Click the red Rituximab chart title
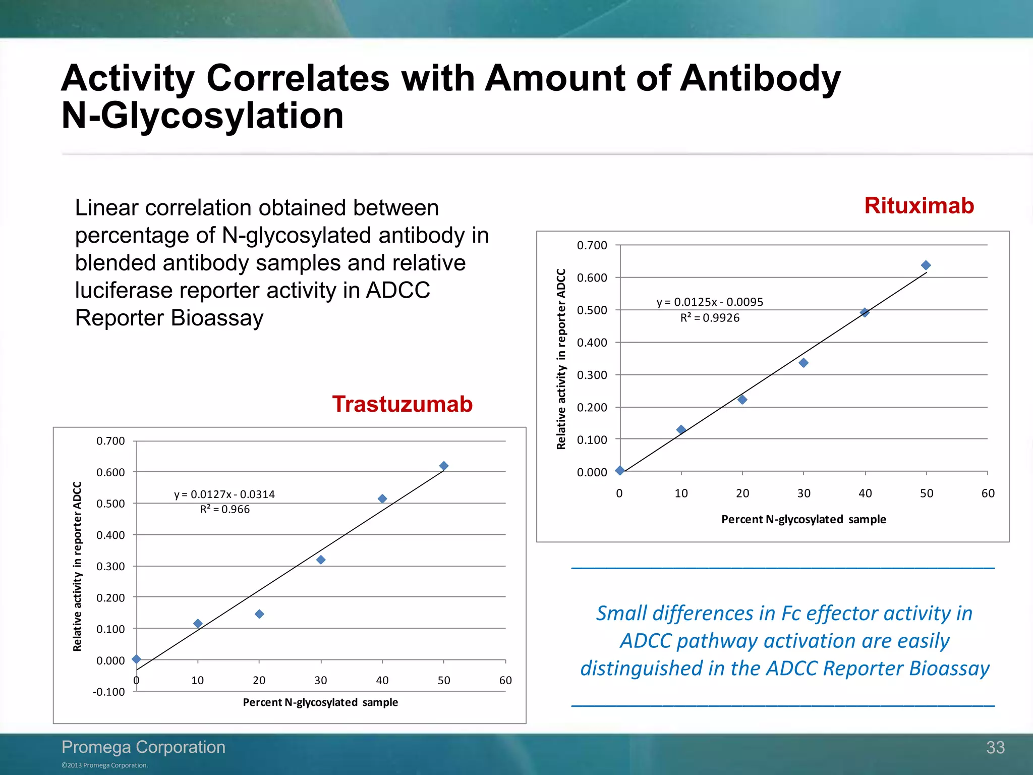[919, 206]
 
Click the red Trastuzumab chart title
[402, 404]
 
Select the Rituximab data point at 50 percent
[926, 265]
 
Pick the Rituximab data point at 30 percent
[804, 363]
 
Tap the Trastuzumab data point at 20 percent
[259, 614]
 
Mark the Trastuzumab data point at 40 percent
[382, 499]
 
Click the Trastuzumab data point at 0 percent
[136, 659]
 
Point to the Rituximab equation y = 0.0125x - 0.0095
[710, 302]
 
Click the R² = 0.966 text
[225, 509]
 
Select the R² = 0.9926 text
[710, 318]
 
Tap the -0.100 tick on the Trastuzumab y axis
[109, 692]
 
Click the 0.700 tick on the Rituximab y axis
[592, 246]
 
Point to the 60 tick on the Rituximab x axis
[988, 493]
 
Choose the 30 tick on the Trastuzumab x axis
[321, 680]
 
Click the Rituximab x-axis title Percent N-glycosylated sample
[804, 519]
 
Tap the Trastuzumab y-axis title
[77, 566]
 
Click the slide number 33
[995, 747]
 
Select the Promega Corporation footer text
[143, 747]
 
